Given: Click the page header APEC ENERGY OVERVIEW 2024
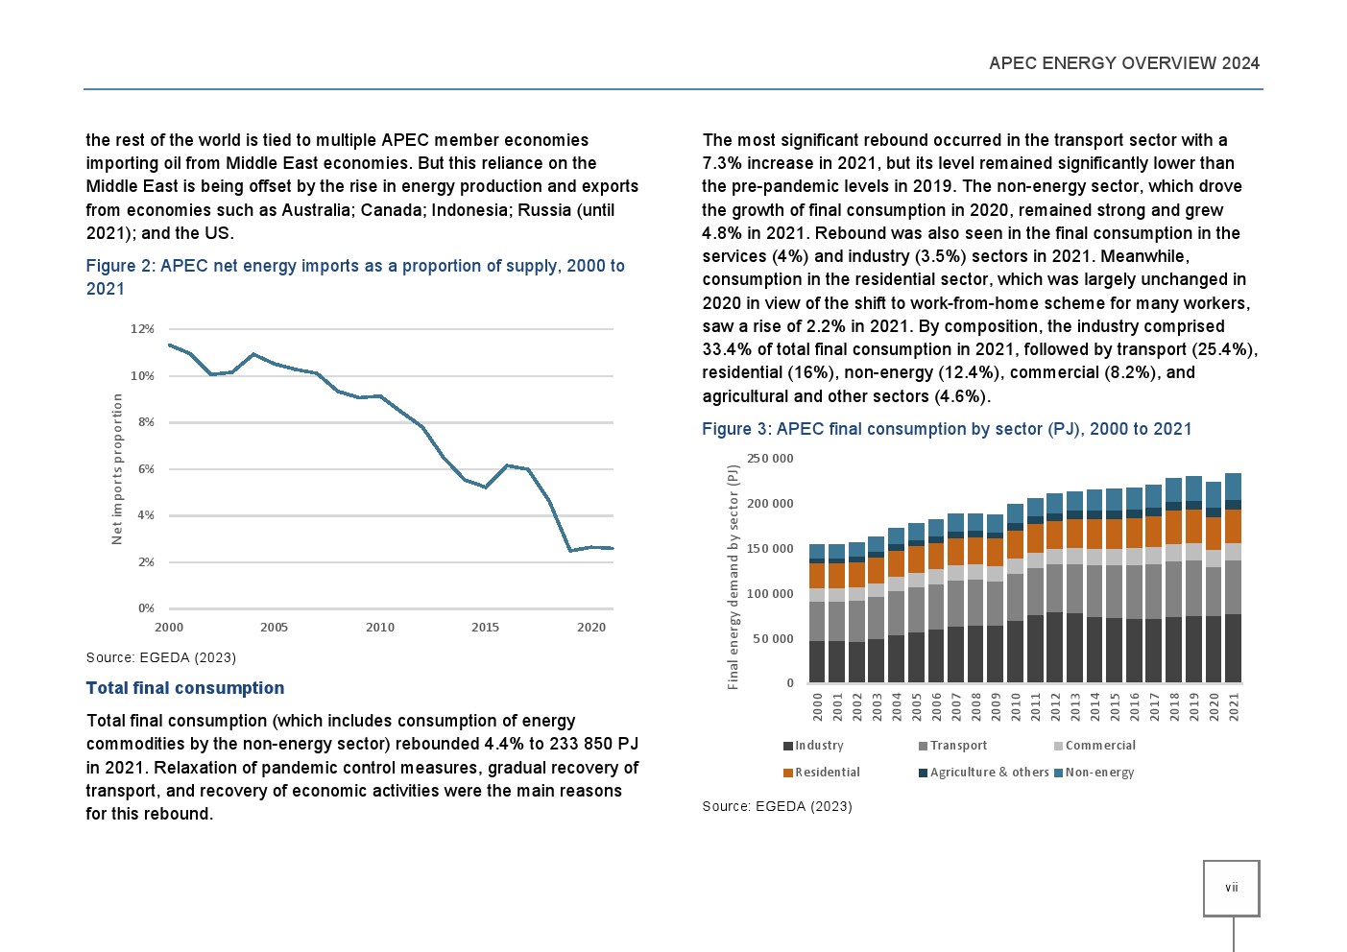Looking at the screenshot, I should pyautogui.click(x=1123, y=63).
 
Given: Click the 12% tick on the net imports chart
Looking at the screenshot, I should pyautogui.click(x=142, y=329).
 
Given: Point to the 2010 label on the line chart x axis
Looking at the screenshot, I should pyautogui.click(x=380, y=628).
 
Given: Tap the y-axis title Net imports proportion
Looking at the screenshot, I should pyautogui.click(x=117, y=468).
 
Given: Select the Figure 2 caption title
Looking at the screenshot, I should pyautogui.click(x=354, y=276).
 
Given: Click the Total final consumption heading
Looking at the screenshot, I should pyautogui.click(x=185, y=688).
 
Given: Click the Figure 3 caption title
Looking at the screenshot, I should pyautogui.click(x=947, y=429).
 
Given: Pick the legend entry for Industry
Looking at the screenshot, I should pyautogui.click(x=813, y=746).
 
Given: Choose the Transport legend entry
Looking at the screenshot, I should pyautogui.click(x=952, y=746).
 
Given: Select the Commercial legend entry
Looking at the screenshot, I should pyautogui.click(x=1094, y=746).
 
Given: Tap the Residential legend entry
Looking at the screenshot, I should pyautogui.click(x=822, y=773).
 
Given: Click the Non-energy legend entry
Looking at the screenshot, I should pyautogui.click(x=1094, y=773).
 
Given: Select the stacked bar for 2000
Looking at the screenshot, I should pyautogui.click(x=817, y=614).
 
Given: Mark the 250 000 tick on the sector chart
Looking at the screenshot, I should pyautogui.click(x=770, y=459).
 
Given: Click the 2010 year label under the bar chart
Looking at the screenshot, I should pyautogui.click(x=1016, y=707).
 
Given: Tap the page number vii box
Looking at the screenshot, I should pyautogui.click(x=1231, y=888).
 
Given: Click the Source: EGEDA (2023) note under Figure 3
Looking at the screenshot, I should pyautogui.click(x=777, y=806).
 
